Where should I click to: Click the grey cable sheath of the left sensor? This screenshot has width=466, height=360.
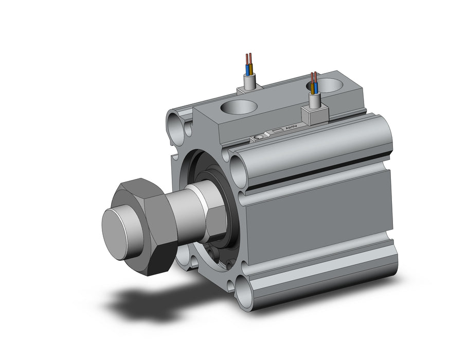pyautogui.click(x=249, y=81)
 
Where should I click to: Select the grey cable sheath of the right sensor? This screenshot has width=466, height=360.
pyautogui.click(x=314, y=101)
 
